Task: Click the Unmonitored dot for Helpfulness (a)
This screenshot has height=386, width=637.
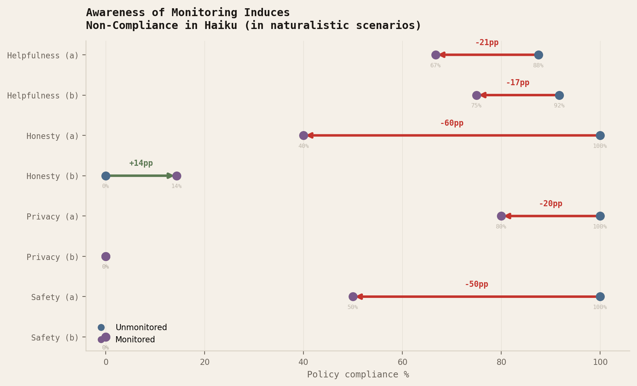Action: click(538, 55)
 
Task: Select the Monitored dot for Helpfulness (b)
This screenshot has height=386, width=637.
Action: click(476, 95)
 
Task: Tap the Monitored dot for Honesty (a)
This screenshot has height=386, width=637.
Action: click(303, 135)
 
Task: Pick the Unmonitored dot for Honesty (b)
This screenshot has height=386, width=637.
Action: click(106, 176)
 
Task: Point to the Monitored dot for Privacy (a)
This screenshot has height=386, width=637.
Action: click(501, 216)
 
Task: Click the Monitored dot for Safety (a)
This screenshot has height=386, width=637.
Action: click(353, 296)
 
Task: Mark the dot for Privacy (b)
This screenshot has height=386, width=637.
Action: click(106, 256)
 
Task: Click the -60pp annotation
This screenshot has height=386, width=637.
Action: click(451, 123)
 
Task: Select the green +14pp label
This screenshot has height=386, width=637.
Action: click(141, 163)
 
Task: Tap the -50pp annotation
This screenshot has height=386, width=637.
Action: click(476, 284)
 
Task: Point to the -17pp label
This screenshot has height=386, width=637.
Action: click(517, 83)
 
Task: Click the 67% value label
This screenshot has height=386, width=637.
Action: click(435, 66)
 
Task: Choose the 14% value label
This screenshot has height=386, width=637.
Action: click(176, 186)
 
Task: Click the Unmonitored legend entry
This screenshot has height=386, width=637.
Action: click(141, 327)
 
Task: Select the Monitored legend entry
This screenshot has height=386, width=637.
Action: click(135, 339)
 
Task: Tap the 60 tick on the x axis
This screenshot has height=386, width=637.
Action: click(402, 362)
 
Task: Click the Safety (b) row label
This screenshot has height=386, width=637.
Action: click(55, 338)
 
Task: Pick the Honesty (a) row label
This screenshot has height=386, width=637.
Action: click(52, 136)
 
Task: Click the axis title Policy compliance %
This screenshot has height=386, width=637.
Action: click(358, 375)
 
